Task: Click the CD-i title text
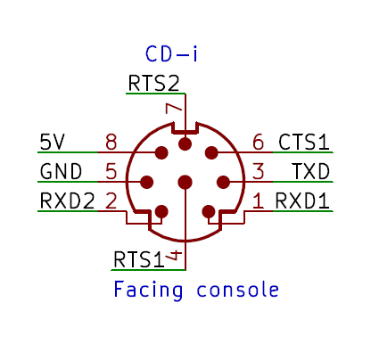pos(171,53)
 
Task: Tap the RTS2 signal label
pos(154,83)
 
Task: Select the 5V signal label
pos(52,142)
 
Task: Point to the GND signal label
pos(61,171)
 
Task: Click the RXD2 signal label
pos(67,200)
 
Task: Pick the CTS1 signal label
pos(304,142)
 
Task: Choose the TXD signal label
pos(311,171)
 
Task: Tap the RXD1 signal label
pos(302,200)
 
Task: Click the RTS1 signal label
pos(139,259)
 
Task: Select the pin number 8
pos(111,142)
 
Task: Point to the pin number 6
pos(258,142)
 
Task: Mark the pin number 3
pos(258,171)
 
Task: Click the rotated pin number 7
pos(174,109)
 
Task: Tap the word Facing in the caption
pos(148,290)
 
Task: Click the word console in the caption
pos(237,290)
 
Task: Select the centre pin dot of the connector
pos(185,182)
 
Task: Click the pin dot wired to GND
pos(146,182)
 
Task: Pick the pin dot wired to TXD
pos(223,182)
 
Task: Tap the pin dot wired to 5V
pos(161,152)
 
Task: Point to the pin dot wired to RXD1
pos(209,212)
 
